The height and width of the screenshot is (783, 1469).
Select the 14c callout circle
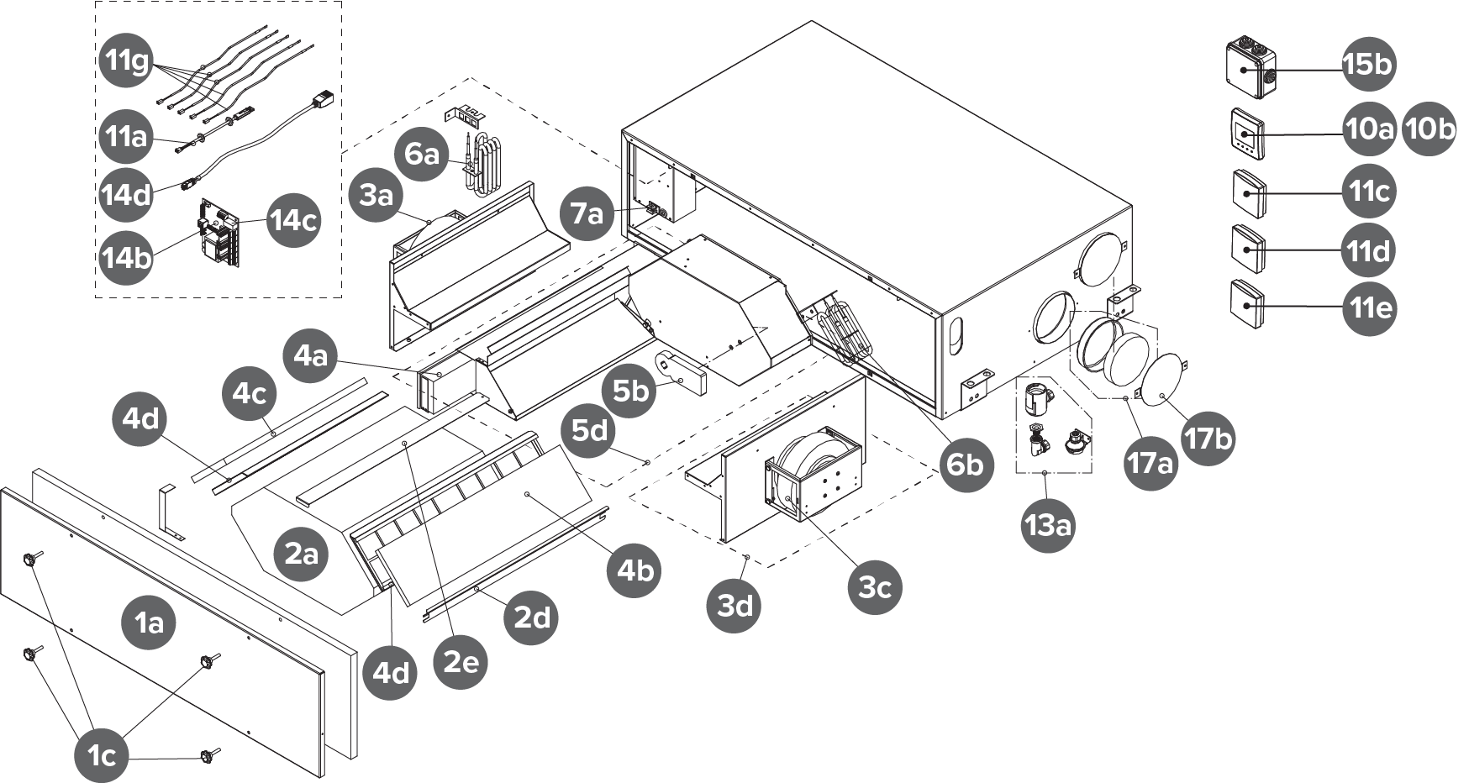click(x=294, y=221)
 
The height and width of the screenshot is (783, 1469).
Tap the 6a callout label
click(x=422, y=155)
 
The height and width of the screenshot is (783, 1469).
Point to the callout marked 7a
click(x=588, y=214)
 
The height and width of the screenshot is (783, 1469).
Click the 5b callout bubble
click(x=631, y=391)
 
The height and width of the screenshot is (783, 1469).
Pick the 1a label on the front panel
click(x=150, y=623)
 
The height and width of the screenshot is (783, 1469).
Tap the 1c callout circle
click(x=102, y=756)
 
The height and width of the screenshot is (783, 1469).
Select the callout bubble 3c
click(x=875, y=586)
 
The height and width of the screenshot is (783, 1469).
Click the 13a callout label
click(x=1047, y=526)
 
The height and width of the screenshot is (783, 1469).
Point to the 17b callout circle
click(x=1208, y=437)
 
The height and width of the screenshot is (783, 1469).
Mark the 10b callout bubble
click(x=1430, y=129)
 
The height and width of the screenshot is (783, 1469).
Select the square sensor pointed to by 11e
click(x=1247, y=304)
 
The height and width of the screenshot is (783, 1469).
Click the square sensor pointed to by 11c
click(x=1247, y=192)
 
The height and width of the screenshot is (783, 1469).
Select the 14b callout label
click(x=126, y=258)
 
